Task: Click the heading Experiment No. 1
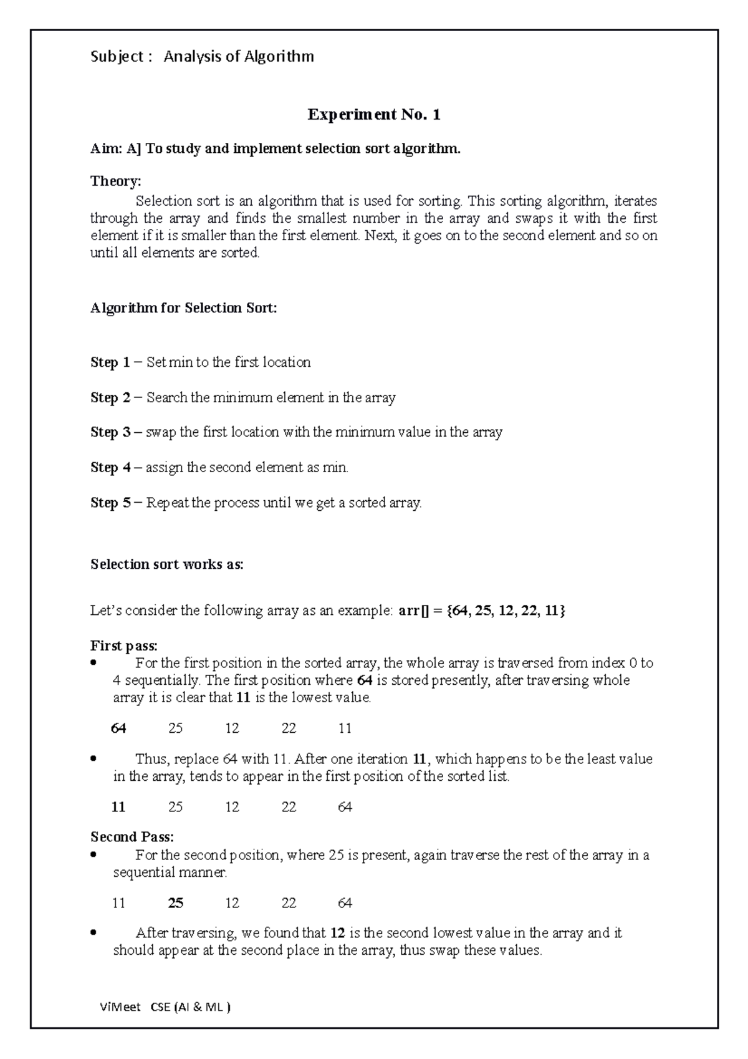(373, 115)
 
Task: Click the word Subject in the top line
(118, 57)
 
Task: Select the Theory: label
(116, 181)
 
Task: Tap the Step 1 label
(110, 362)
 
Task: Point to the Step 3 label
(110, 432)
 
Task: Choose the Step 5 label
(110, 503)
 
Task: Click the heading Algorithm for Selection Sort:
(183, 308)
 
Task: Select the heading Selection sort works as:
(166, 564)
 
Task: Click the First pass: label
(124, 646)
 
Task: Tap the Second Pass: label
(132, 837)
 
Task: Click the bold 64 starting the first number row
(118, 728)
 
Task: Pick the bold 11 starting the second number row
(118, 808)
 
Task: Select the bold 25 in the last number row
(175, 903)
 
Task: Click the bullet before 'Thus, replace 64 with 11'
(93, 760)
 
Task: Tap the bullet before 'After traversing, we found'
(93, 934)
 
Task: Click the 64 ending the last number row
(345, 903)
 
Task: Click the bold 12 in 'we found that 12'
(337, 934)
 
